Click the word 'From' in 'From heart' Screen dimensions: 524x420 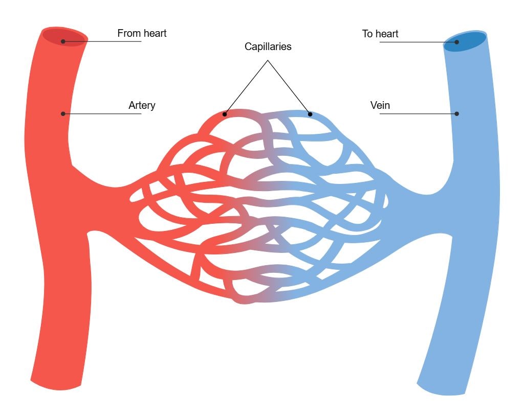pos(128,33)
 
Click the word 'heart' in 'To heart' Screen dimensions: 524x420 pos(387,34)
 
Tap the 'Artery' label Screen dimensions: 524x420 pos(142,106)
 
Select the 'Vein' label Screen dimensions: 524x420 pos(380,105)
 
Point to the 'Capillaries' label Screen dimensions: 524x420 pos(268,46)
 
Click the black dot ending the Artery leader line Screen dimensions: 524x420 pos(63,114)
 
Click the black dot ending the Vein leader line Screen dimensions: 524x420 pos(457,114)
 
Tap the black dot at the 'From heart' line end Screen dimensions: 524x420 pos(63,41)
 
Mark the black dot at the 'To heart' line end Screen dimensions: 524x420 pos(457,42)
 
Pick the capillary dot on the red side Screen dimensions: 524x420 pos(225,114)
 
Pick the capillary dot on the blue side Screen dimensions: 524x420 pos(310,114)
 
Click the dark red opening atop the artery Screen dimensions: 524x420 pos(63,37)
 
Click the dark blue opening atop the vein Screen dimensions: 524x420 pos(465,42)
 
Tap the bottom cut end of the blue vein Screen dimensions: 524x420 pos(441,390)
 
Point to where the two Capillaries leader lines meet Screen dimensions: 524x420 pos(268,60)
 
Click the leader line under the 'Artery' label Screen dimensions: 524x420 pos(102,114)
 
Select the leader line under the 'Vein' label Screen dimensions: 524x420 pos(418,114)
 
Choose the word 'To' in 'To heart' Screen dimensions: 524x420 pos(367,34)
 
